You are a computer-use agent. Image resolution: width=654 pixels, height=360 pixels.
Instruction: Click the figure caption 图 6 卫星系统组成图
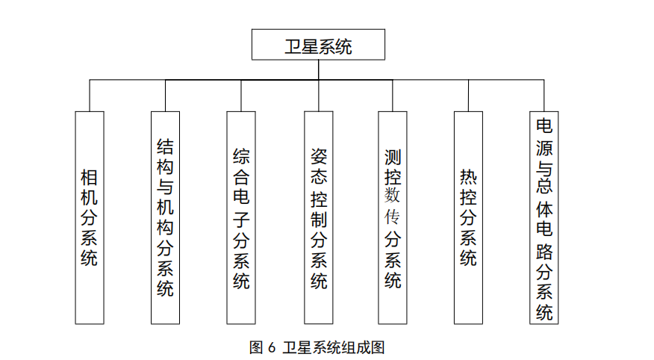(317, 347)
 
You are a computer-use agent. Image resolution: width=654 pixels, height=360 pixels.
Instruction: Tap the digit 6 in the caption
(272, 348)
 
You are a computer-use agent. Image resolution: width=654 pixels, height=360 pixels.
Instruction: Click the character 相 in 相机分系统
(90, 178)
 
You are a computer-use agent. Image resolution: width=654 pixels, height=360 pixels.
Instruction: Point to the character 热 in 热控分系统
(468, 178)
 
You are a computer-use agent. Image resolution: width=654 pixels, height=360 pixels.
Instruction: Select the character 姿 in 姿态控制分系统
(319, 156)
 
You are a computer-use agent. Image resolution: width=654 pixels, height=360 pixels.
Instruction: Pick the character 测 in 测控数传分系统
(393, 158)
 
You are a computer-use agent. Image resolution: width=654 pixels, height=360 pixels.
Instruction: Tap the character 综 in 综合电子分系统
(241, 156)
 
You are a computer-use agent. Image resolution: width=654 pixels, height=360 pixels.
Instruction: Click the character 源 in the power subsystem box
(544, 148)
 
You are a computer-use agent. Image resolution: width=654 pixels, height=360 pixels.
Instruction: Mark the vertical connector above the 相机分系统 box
(90, 96)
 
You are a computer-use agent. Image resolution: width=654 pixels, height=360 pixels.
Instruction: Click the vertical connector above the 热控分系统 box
(468, 96)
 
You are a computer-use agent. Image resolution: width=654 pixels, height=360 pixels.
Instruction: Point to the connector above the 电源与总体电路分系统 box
(544, 96)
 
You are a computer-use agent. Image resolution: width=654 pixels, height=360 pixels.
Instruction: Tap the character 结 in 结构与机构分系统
(165, 147)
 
